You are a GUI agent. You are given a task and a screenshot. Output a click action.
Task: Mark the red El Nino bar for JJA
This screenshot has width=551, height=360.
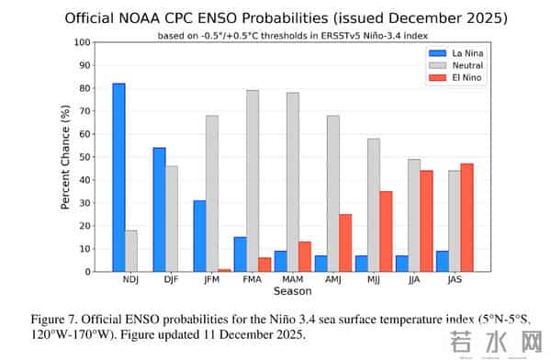(426, 221)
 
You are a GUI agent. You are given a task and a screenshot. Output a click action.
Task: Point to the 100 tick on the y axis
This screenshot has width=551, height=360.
(84, 42)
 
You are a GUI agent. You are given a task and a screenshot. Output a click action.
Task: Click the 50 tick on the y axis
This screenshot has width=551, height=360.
(86, 157)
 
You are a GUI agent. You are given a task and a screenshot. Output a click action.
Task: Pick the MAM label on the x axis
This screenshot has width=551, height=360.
(291, 280)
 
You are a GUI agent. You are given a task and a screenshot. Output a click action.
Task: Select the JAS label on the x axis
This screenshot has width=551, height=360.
(453, 280)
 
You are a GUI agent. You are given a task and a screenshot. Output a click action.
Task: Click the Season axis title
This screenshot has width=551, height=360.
(292, 291)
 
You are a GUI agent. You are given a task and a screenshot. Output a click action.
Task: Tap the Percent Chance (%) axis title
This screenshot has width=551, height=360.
(66, 157)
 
